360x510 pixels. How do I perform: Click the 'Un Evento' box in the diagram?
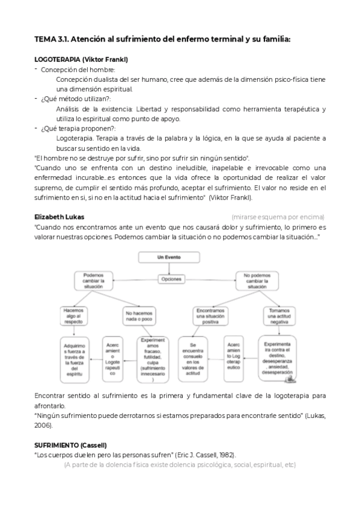[x=165, y=257]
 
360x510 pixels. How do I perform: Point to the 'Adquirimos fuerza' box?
[x=77, y=359]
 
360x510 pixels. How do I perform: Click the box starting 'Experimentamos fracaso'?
[x=153, y=359]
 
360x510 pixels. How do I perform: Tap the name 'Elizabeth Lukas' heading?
[x=59, y=216]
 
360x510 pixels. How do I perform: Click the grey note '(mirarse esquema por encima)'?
[x=278, y=217]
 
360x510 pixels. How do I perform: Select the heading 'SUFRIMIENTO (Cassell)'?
[x=71, y=444]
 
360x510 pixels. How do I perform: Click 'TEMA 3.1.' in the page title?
[x=52, y=39]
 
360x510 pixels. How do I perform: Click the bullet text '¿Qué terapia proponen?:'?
[x=78, y=128]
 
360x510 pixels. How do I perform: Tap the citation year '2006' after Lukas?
[x=43, y=425]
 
